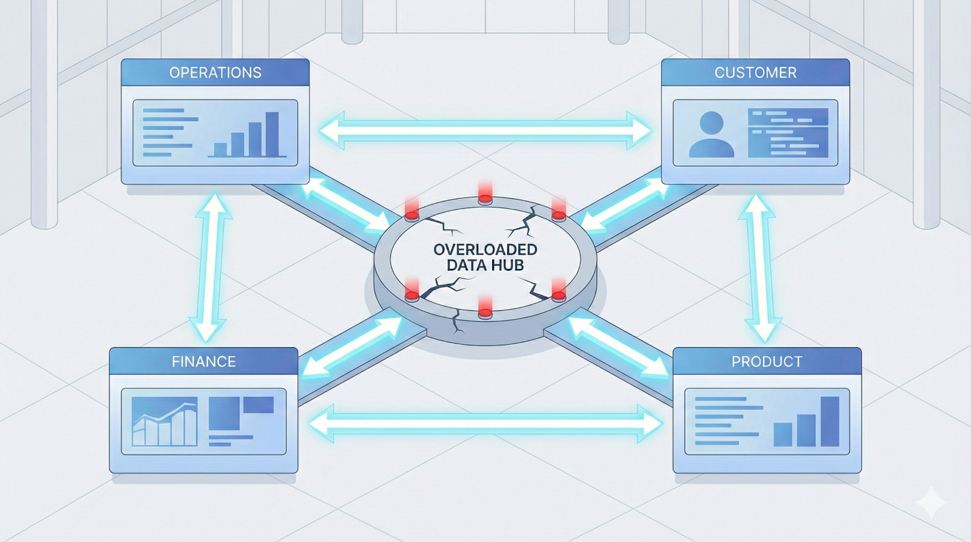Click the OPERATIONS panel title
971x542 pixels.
tap(215, 73)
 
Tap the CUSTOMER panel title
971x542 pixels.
tap(756, 73)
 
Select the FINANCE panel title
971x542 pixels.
tap(203, 362)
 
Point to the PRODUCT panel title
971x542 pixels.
tap(767, 362)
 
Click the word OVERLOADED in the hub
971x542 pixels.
tap(485, 249)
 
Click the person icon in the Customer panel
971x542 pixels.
tap(711, 134)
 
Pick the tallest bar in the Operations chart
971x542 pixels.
tap(272, 134)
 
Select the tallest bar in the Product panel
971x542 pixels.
tap(830, 421)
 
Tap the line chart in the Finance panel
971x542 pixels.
tap(164, 422)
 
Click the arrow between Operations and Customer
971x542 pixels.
tap(485, 130)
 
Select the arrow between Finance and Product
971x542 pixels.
tap(485, 423)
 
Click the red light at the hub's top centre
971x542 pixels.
tap(485, 193)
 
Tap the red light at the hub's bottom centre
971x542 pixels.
tap(485, 308)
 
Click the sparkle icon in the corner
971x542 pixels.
tap(931, 503)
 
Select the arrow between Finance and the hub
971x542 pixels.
tap(352, 347)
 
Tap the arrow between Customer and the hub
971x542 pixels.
tap(625, 207)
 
